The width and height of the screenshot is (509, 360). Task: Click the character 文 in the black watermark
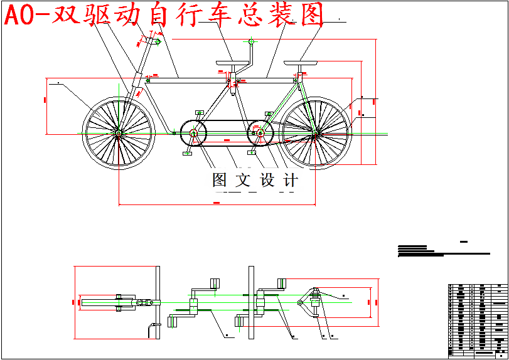242,181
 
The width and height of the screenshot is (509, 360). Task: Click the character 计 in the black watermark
291,181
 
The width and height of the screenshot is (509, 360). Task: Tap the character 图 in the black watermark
219,181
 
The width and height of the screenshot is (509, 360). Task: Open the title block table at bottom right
476,320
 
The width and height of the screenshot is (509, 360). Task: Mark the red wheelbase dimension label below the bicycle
217,203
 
